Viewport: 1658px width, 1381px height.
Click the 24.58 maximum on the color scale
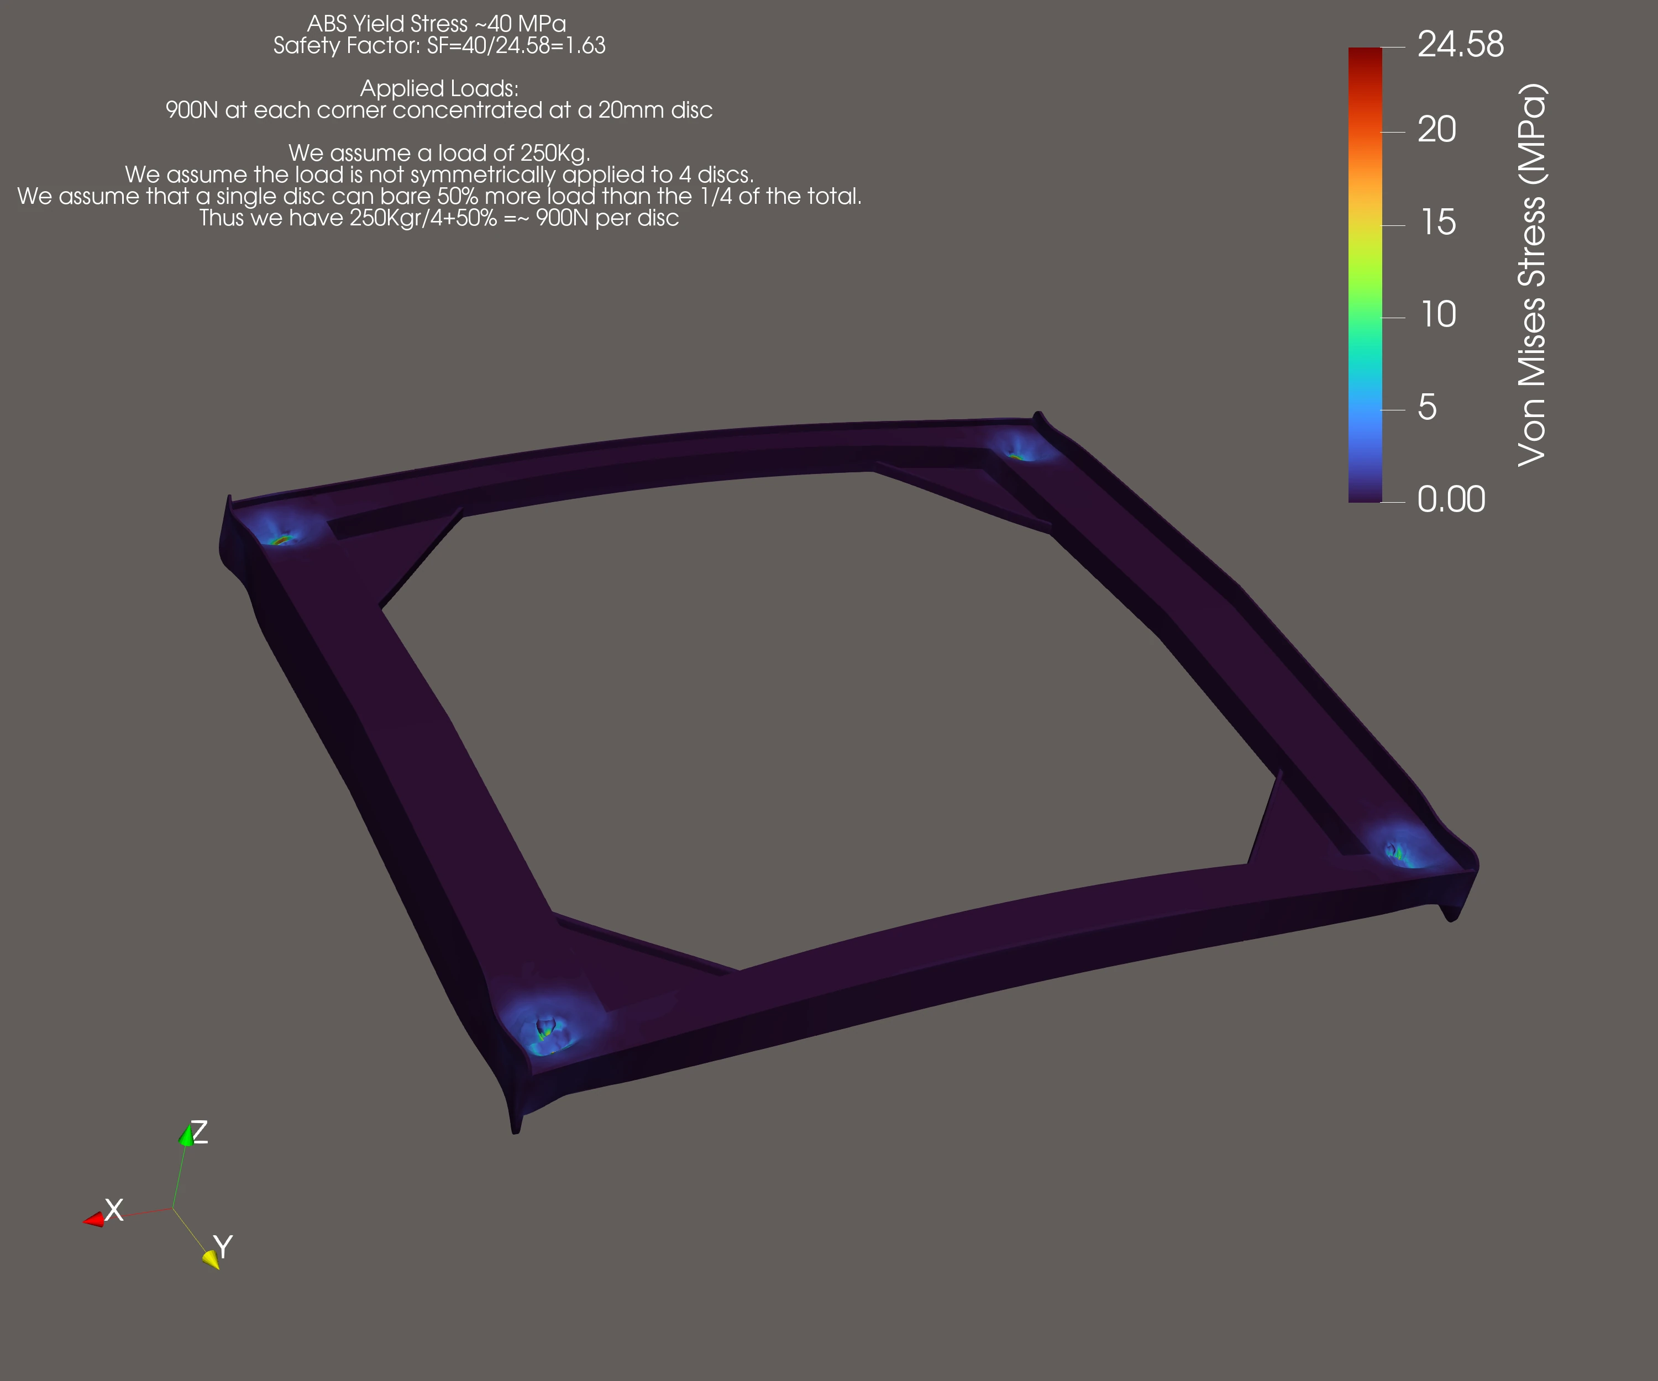1461,44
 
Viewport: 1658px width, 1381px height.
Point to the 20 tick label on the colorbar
1437,129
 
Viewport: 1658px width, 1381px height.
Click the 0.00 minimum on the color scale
1451,499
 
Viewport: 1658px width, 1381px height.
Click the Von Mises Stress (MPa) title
1531,275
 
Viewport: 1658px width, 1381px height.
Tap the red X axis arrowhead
94,1219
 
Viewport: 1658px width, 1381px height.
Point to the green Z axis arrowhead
186,1136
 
